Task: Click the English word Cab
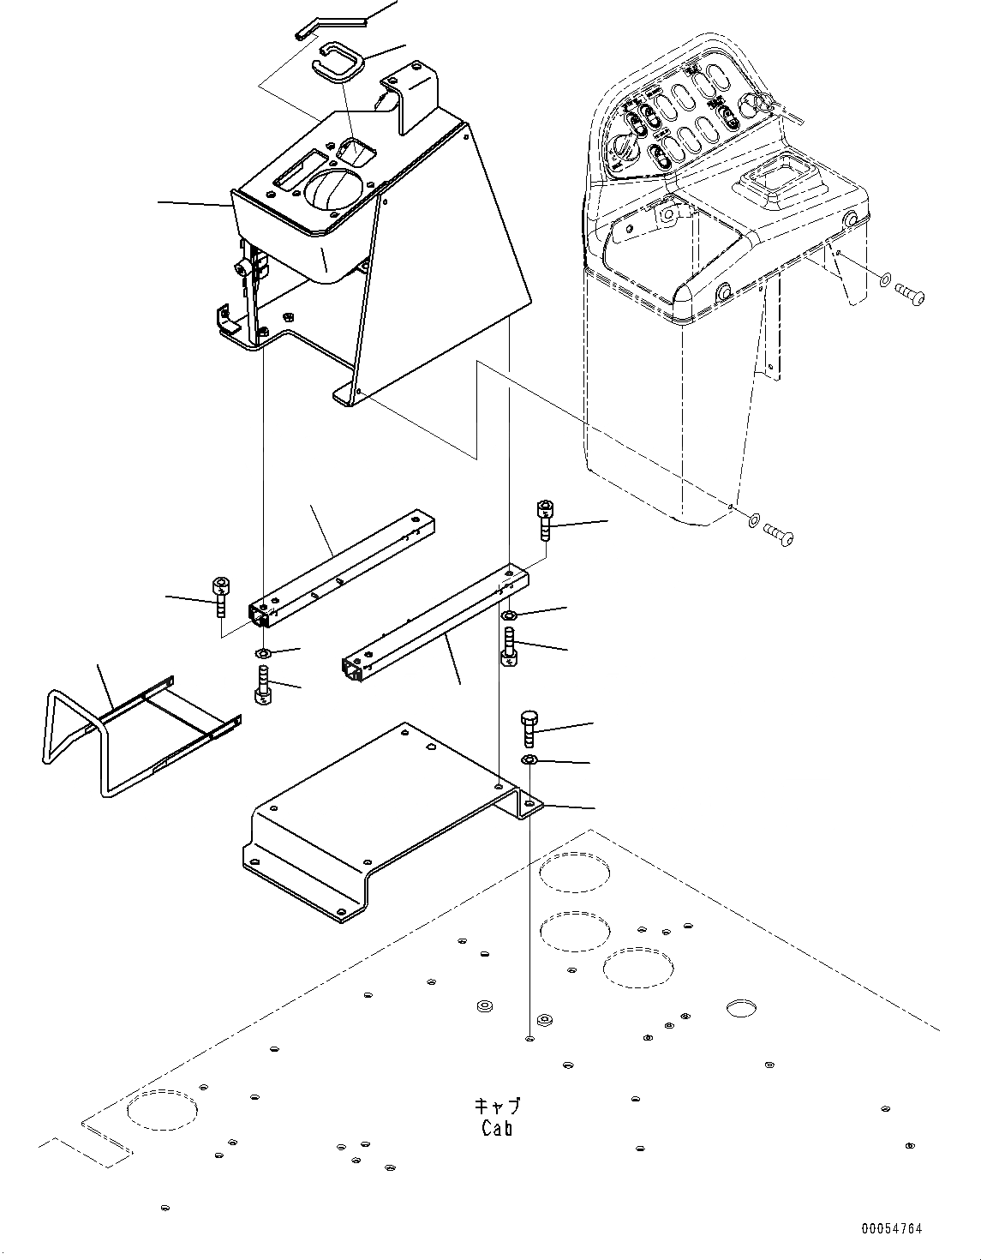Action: pyautogui.click(x=497, y=1128)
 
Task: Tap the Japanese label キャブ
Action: pyautogui.click(x=497, y=1107)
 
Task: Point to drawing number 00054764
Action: pyautogui.click(x=892, y=1229)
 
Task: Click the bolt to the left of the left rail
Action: pyautogui.click(x=220, y=597)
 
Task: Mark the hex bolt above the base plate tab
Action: pyautogui.click(x=529, y=728)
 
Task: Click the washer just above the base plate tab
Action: pyautogui.click(x=529, y=760)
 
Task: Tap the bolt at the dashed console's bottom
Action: pyautogui.click(x=779, y=534)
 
